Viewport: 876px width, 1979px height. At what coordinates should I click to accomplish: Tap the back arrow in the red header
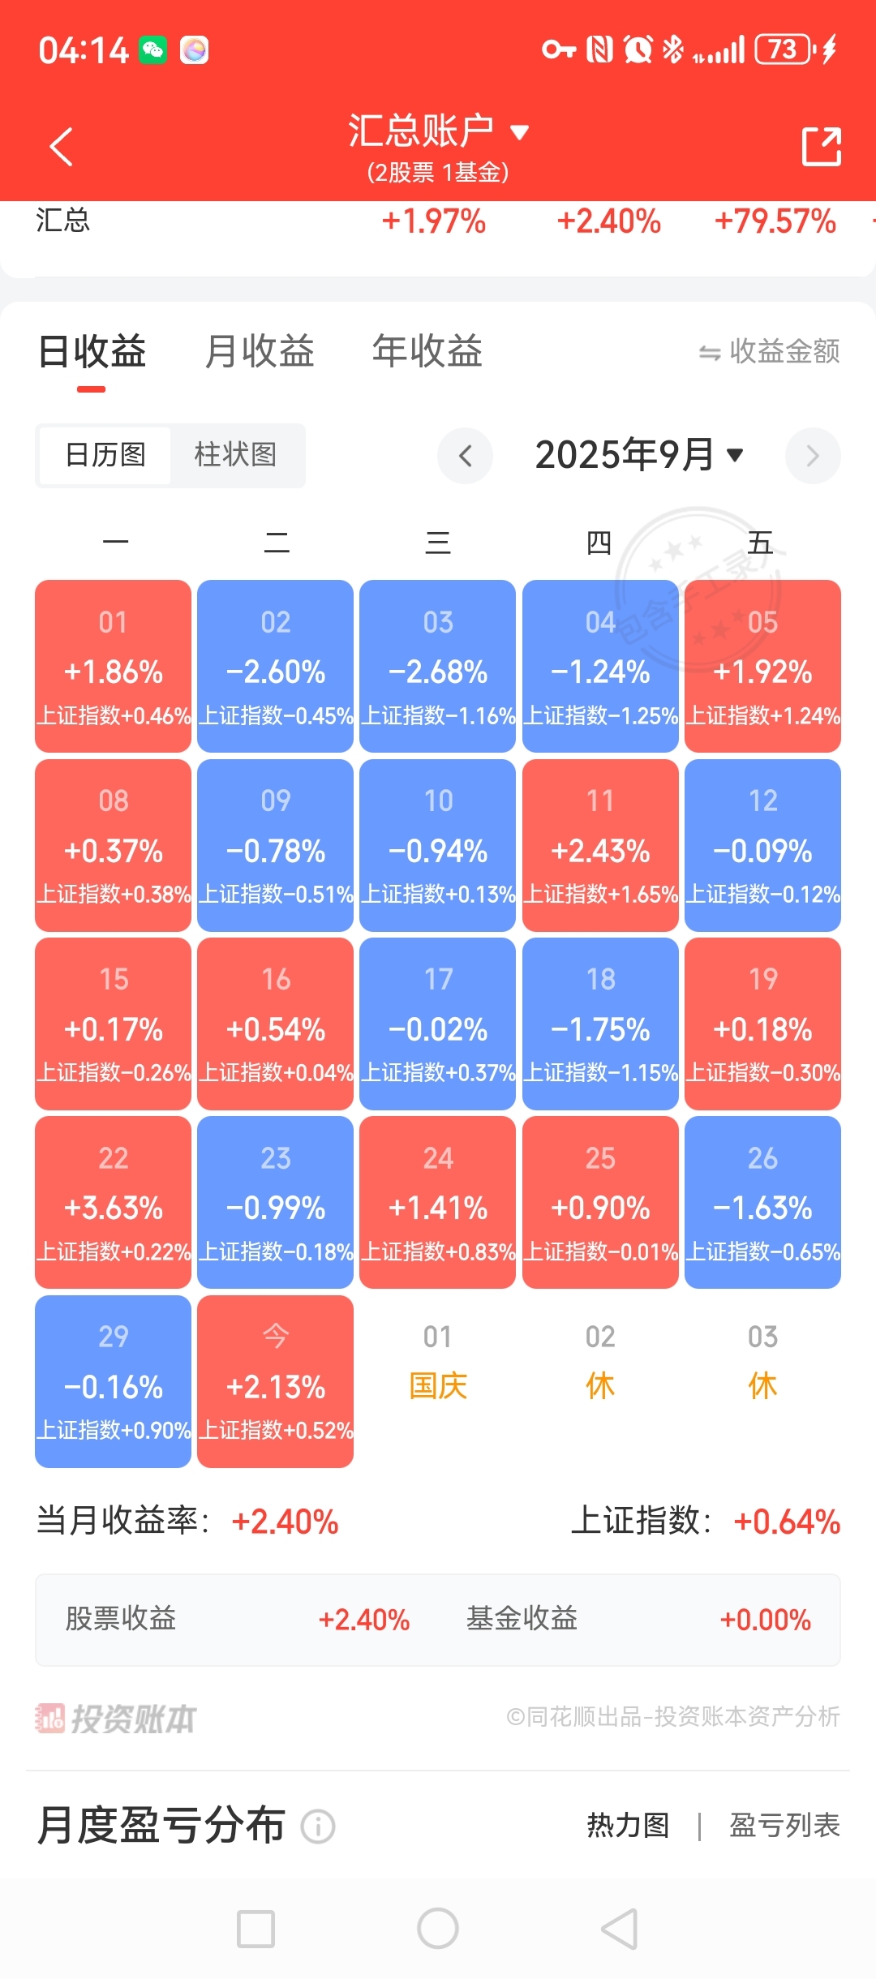pos(62,147)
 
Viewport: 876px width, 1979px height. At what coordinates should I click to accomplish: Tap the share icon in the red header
pos(821,147)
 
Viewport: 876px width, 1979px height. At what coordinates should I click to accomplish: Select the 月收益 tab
pos(260,351)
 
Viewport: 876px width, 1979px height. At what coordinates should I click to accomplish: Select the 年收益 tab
pos(427,351)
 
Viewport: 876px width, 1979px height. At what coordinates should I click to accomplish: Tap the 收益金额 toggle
pos(769,351)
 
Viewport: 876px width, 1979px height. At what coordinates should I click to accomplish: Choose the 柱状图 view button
pos(236,455)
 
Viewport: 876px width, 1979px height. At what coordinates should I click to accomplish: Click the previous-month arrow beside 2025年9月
pos(465,456)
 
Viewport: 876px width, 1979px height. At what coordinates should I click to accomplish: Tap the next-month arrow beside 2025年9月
pos(812,456)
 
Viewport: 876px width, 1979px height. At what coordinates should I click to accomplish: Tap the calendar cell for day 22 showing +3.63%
pos(114,1202)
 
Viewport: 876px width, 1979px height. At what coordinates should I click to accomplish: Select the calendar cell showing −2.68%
pos(438,666)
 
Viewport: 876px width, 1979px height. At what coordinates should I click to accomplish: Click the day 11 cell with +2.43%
pos(600,845)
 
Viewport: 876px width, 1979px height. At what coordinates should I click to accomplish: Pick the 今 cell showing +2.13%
pos(276,1381)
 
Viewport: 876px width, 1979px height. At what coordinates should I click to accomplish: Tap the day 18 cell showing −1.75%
pos(600,1024)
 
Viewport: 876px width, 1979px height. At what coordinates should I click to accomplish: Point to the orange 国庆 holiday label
pos(438,1386)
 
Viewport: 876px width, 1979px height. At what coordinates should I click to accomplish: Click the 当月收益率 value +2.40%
pos(285,1522)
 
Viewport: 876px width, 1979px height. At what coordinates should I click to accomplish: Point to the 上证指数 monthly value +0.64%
pos(786,1522)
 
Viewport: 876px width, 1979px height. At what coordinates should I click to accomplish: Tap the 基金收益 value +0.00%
pos(765,1620)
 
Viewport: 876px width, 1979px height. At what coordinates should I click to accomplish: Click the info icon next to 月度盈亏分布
pos(318,1827)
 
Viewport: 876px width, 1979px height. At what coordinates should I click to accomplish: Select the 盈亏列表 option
pos(784,1826)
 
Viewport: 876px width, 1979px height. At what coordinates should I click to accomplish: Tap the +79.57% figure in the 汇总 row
pos(775,221)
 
